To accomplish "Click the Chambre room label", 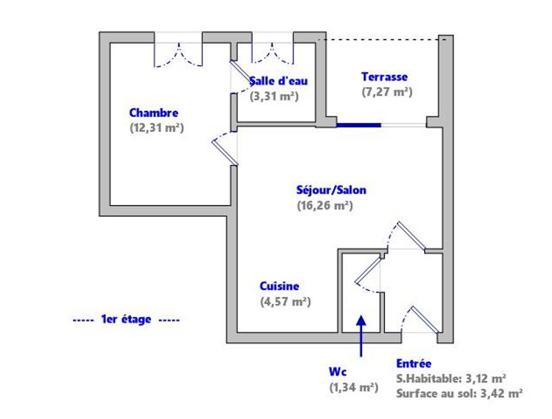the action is point(154,113).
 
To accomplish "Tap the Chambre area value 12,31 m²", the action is point(157,128).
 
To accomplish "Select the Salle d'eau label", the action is point(279,81).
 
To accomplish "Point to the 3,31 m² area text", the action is point(274,96).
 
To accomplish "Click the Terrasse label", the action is point(385,76).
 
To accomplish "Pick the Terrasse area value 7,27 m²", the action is point(387,91).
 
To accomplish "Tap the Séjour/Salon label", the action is point(331,190).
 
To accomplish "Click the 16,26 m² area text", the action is point(325,205).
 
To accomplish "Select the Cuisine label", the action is point(279,286).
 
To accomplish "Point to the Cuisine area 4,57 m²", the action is point(285,302).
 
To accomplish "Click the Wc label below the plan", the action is point(337,371).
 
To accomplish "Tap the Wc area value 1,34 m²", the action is point(354,387).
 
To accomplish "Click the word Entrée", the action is point(413,363).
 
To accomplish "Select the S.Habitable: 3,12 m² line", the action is point(451,378).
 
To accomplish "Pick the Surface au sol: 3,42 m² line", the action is point(459,393).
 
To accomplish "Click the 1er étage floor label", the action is point(126,319).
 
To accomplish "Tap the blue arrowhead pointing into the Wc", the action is point(361,320).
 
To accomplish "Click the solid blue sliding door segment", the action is point(359,125).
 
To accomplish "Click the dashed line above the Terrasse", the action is point(382,39).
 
